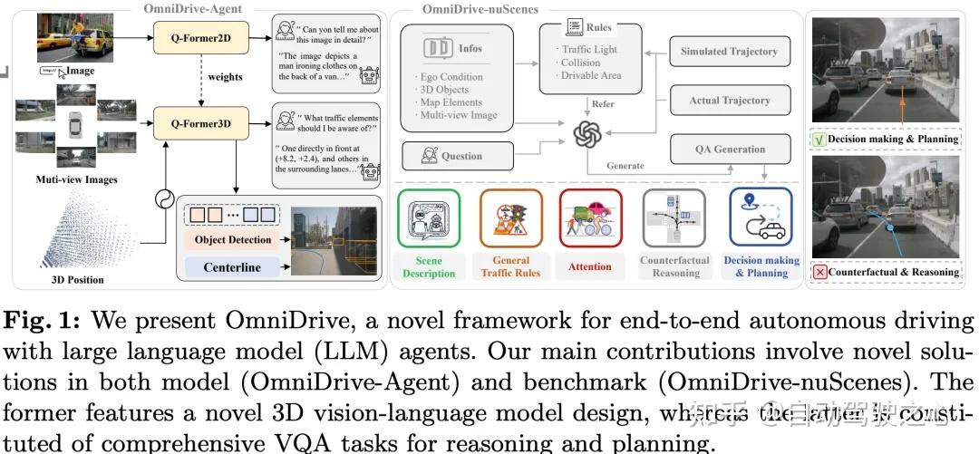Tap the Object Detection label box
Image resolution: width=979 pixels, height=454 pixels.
click(x=232, y=239)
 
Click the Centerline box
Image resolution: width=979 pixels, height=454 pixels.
click(x=232, y=267)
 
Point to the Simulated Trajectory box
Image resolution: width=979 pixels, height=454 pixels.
click(x=730, y=52)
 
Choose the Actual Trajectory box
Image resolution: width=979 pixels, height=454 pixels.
click(x=730, y=101)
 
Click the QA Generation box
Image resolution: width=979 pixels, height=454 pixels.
click(x=730, y=150)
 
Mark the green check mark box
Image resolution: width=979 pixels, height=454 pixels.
click(x=819, y=140)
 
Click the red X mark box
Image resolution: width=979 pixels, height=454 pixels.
click(x=819, y=272)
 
